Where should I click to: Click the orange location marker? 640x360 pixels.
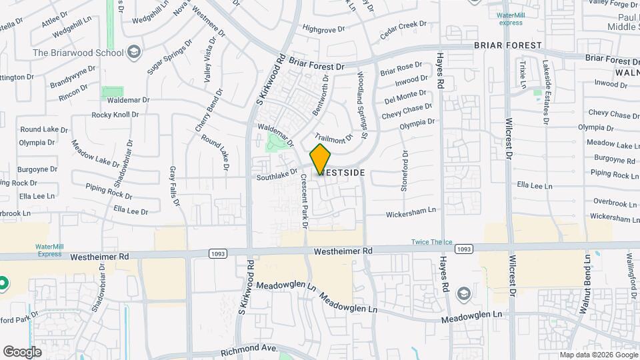tap(321, 159)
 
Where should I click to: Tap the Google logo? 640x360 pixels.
tap(22, 351)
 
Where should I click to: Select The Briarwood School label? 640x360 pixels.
tap(79, 53)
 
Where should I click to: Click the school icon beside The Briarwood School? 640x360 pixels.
tap(134, 51)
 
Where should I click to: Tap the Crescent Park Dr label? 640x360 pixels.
tap(304, 201)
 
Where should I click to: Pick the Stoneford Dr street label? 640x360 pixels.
tap(404, 171)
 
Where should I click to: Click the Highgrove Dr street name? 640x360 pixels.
tap(323, 29)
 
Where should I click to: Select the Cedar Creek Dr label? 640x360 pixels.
tap(403, 28)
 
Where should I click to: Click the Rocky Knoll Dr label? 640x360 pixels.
tap(115, 115)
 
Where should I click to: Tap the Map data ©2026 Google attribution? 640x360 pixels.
tap(598, 355)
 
